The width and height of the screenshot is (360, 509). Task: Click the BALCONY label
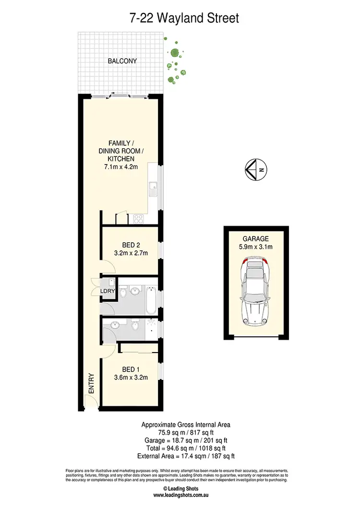coord(122,61)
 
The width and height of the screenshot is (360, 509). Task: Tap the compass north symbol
coord(257,169)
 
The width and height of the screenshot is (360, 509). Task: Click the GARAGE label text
coord(256,239)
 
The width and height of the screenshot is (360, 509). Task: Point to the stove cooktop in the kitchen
coord(138,218)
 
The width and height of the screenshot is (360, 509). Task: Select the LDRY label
coord(108,291)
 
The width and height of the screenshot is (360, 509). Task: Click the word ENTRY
coord(91,384)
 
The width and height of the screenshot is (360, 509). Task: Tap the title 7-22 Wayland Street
coord(184,18)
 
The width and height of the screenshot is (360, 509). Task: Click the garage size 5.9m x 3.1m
coord(256,248)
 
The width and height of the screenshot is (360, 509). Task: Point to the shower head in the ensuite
coord(153,323)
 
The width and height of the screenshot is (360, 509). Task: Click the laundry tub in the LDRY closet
coord(110,282)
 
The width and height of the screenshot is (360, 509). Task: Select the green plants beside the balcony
coord(174,60)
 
